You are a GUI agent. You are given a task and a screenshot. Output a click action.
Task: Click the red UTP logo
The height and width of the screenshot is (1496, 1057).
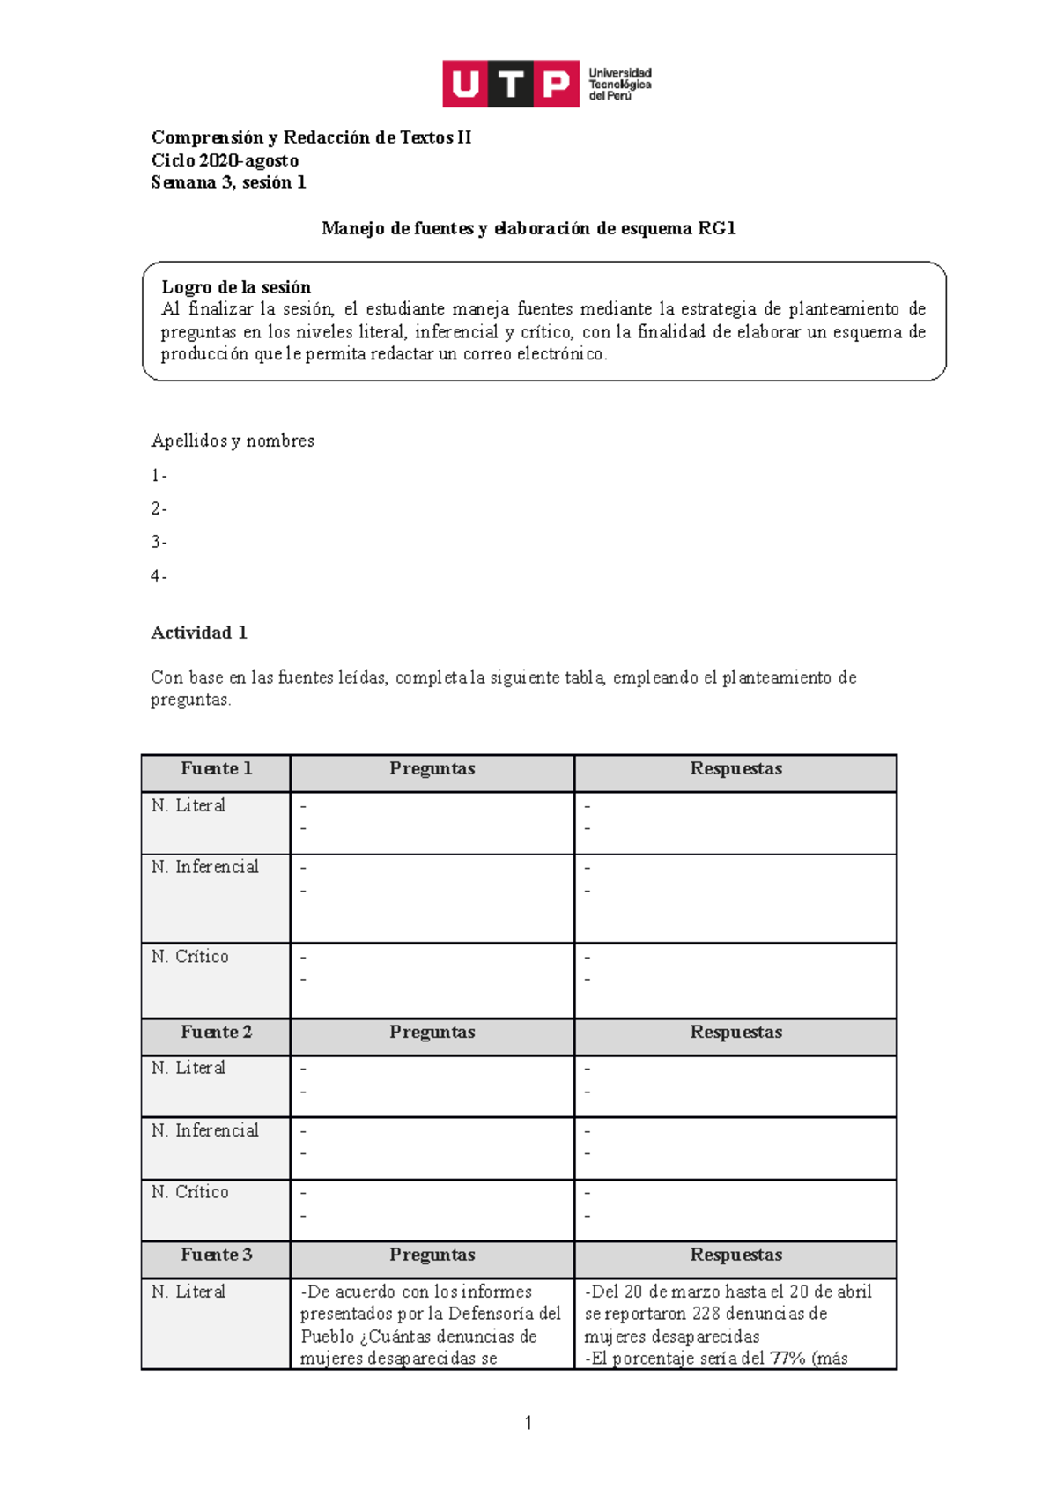tap(510, 84)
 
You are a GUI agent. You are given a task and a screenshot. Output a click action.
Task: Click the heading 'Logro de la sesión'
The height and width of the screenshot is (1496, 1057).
tap(236, 287)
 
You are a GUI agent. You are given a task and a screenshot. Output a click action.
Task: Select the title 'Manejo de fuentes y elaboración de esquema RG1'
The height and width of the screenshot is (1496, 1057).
tap(528, 228)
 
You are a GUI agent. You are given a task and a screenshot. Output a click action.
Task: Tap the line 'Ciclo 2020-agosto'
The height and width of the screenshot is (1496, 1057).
tap(225, 160)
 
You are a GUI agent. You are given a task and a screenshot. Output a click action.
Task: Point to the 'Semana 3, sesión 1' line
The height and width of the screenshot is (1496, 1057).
tap(228, 182)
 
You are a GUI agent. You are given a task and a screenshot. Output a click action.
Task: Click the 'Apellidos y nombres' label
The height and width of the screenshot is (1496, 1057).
tap(233, 441)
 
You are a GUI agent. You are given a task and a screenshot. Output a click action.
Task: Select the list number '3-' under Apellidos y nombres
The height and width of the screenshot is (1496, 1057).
tap(159, 543)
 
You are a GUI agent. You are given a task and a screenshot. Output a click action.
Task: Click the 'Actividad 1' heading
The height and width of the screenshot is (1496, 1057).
tap(199, 633)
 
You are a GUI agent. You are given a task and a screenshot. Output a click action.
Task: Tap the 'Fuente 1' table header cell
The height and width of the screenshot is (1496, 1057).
tap(216, 768)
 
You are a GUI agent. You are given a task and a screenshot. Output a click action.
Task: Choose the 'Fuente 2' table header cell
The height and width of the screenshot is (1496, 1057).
tap(216, 1032)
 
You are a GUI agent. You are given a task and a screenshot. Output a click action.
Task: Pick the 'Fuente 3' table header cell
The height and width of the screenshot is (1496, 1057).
tap(216, 1255)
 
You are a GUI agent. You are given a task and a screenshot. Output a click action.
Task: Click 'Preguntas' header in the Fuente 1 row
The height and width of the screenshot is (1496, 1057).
tap(432, 768)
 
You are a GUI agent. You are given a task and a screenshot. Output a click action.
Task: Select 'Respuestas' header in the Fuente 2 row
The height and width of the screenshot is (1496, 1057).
tap(735, 1032)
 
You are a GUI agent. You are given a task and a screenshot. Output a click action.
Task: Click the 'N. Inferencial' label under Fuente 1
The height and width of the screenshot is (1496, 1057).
tap(204, 867)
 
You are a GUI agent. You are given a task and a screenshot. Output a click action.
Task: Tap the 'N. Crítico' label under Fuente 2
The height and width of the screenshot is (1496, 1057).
tap(189, 1192)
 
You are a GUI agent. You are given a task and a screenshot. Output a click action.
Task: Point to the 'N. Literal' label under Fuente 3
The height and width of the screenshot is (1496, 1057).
tap(188, 1292)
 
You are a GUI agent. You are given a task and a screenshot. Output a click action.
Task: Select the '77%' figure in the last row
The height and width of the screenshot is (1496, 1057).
tap(788, 1359)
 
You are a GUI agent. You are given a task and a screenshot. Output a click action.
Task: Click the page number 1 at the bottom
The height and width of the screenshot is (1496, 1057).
tap(528, 1423)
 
